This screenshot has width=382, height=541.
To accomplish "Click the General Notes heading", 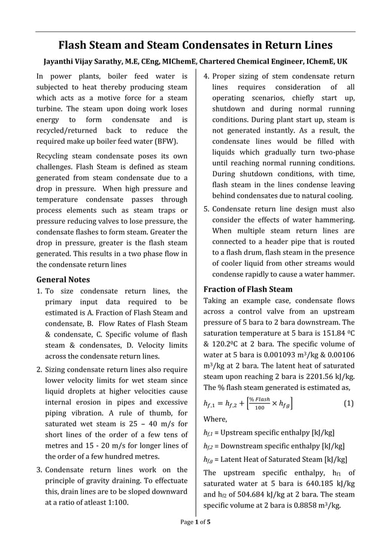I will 63,279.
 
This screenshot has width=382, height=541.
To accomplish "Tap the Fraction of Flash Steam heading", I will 248,288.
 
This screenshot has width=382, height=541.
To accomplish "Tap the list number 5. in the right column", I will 207,209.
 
